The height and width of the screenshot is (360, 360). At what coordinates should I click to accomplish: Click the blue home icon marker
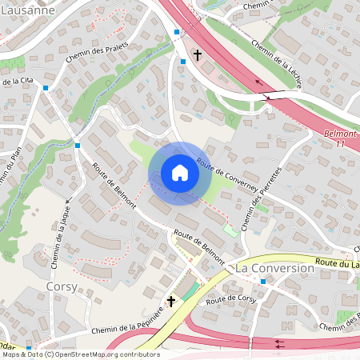pyautogui.click(x=180, y=173)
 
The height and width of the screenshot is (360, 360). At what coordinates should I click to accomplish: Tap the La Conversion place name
pyautogui.click(x=274, y=269)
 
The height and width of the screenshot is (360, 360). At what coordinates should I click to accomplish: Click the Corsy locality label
pyautogui.click(x=62, y=286)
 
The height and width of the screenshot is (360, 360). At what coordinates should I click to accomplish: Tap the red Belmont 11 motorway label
pyautogui.click(x=342, y=138)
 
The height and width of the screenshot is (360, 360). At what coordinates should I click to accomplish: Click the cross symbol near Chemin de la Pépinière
pyautogui.click(x=170, y=302)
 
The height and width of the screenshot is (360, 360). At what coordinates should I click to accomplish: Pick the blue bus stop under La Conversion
pyautogui.click(x=262, y=282)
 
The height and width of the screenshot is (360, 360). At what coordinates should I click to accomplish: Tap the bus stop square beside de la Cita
pyautogui.click(x=46, y=88)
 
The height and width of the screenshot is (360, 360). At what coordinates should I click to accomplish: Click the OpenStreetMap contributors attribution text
pyautogui.click(x=81, y=354)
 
